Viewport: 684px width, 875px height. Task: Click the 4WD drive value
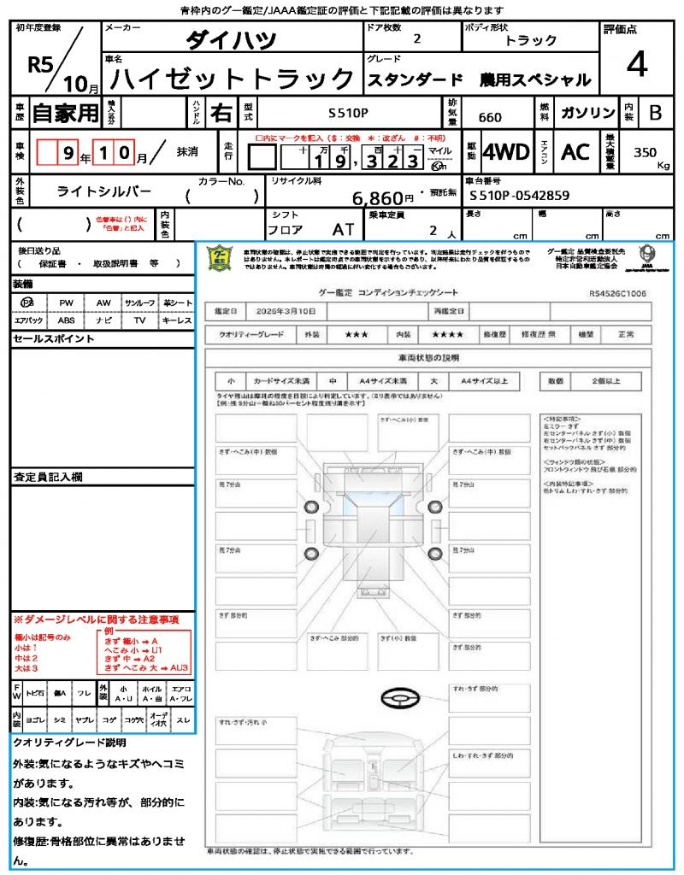point(505,152)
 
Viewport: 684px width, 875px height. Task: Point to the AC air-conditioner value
point(575,152)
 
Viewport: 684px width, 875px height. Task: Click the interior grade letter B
point(655,112)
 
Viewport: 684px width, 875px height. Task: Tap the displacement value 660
point(490,117)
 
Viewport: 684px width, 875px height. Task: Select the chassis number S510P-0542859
point(520,195)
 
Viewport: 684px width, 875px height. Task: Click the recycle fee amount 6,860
point(376,198)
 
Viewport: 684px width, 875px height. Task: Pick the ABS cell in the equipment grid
point(66,320)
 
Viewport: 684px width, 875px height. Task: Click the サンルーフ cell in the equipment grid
point(139,302)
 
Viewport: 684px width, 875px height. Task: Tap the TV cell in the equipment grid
point(139,320)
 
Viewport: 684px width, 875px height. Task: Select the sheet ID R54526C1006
point(617,292)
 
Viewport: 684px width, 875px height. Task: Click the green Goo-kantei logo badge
point(221,258)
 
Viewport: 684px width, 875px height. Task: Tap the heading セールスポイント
point(41,339)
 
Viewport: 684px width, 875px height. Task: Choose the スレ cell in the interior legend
point(183,721)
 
